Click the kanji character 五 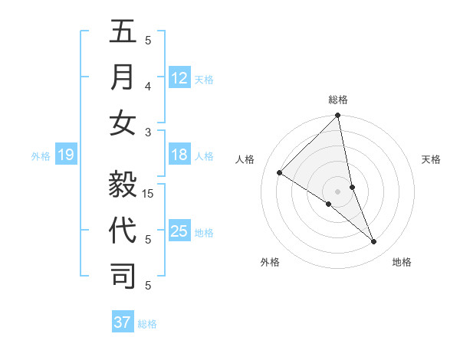(x=123, y=33)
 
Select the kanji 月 (x=123, y=77)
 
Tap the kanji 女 (x=123, y=123)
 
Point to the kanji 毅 (x=123, y=184)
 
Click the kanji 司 (x=123, y=276)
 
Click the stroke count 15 (x=149, y=193)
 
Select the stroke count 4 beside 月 (x=148, y=86)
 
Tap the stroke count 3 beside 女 (x=148, y=132)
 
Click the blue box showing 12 (x=179, y=78)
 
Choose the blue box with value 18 (x=179, y=155)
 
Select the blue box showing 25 (x=179, y=231)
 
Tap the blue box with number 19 (x=66, y=155)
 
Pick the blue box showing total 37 (x=123, y=322)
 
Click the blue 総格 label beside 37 (x=147, y=324)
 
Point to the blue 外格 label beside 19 (x=41, y=156)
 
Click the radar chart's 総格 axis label (x=338, y=100)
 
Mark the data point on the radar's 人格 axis (x=280, y=172)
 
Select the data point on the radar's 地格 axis (x=374, y=242)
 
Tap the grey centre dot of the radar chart (x=337, y=191)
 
